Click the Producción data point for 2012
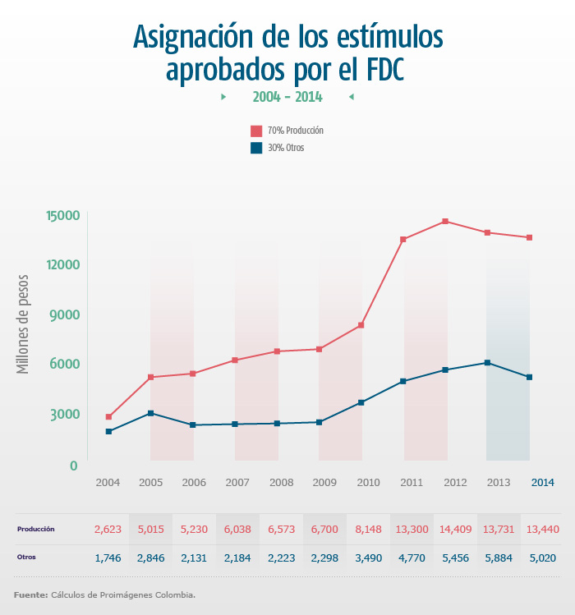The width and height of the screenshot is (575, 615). point(445,221)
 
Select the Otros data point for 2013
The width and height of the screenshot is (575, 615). point(488,363)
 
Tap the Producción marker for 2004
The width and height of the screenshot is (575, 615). point(108,417)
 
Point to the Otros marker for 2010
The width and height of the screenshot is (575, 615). point(361,402)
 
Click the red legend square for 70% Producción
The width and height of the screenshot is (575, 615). point(256,131)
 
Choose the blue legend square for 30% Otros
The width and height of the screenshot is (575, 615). point(256,148)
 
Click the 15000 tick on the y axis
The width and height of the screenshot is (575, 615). point(62,215)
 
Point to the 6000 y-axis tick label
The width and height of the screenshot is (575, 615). point(62,364)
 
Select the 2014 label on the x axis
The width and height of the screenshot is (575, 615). point(542,482)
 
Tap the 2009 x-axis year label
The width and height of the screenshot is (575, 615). point(324,482)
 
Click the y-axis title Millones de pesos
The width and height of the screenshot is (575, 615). point(24,324)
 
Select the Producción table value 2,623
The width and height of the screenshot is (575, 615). point(108,530)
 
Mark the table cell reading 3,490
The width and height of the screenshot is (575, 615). point(367,558)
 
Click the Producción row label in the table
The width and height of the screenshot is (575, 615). point(35,530)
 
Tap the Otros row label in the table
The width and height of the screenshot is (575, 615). point(26,558)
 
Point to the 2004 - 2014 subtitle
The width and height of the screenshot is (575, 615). point(287,97)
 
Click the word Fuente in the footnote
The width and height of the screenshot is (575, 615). point(30,594)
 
